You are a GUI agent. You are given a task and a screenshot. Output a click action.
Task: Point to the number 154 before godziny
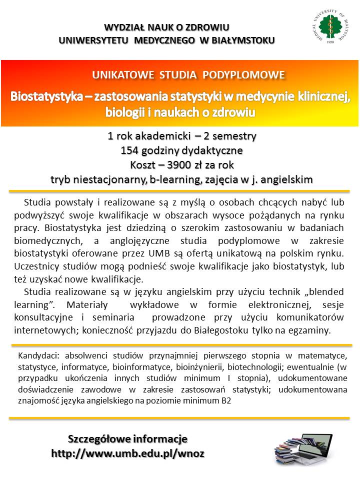pos(129,150)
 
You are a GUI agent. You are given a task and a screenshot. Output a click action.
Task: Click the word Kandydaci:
pos(37,355)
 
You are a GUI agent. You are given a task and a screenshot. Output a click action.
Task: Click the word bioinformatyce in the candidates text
pos(140,366)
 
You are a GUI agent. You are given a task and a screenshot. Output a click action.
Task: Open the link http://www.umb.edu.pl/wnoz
pos(127,453)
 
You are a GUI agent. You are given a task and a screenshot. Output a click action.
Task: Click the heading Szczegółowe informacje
pos(127,439)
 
